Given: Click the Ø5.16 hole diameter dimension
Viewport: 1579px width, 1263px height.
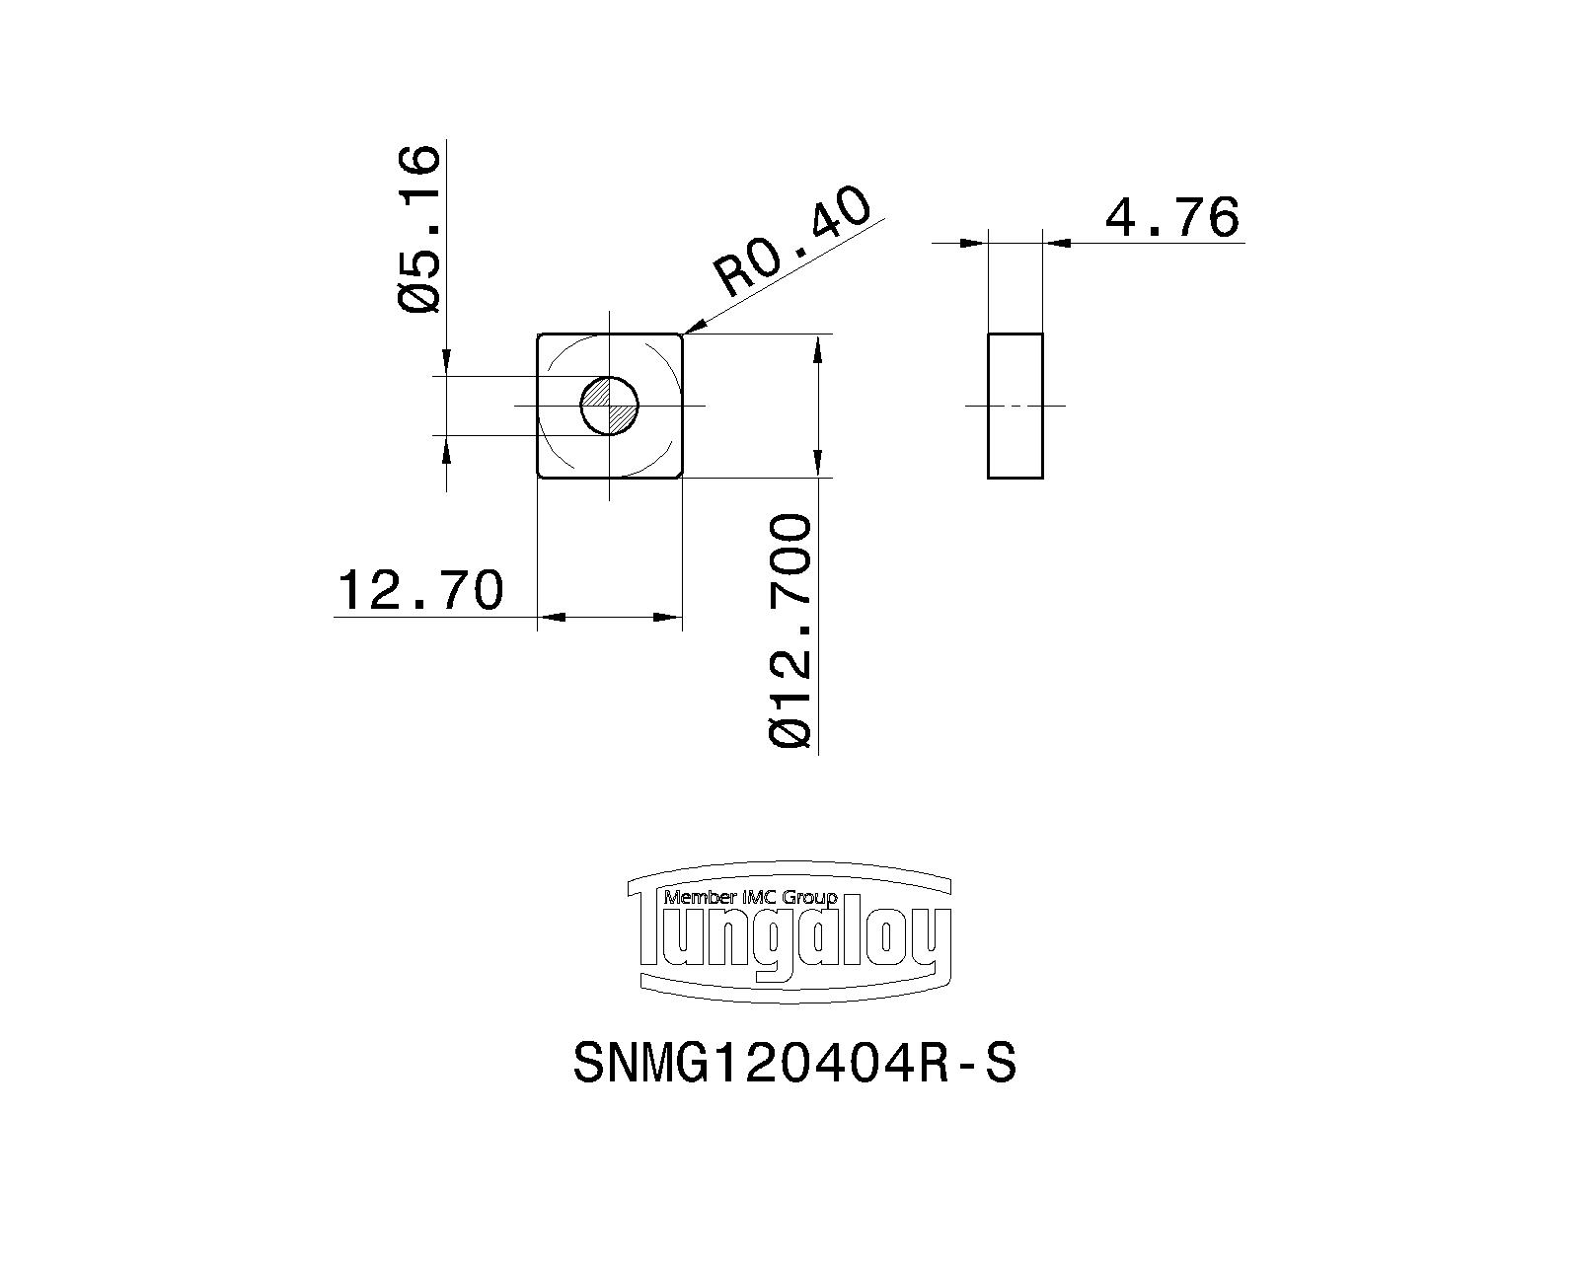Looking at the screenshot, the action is click(419, 230).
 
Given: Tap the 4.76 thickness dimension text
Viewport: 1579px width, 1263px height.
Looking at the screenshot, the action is click(1171, 216).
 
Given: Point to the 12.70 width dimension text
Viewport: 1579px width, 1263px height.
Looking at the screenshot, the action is click(420, 589).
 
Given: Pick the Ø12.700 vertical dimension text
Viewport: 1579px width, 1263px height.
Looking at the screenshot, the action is click(790, 631).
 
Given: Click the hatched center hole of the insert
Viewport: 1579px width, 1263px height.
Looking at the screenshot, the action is click(610, 406).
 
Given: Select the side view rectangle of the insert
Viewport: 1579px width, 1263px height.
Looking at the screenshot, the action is click(1015, 406).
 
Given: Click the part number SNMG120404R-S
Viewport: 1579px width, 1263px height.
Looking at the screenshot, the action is click(794, 1064).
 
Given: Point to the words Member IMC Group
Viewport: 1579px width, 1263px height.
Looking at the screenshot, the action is click(750, 897).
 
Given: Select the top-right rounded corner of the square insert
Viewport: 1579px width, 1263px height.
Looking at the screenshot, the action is click(679, 337).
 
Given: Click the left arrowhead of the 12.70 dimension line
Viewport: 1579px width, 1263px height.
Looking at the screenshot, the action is click(551, 617).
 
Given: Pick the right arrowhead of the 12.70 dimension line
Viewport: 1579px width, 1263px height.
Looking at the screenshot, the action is click(669, 617).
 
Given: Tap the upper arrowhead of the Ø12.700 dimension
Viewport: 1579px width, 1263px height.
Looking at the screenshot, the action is click(818, 348).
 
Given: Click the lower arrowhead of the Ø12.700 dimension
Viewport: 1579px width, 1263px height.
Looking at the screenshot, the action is click(818, 464).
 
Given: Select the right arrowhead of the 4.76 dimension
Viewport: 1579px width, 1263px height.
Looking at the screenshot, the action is click(1057, 243).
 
